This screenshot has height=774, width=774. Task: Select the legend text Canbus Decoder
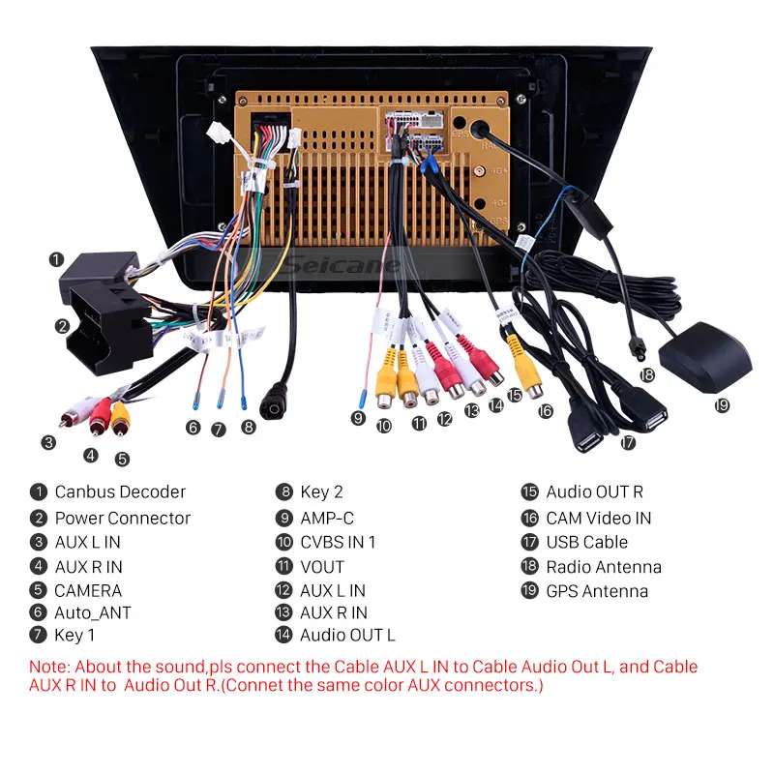click(x=120, y=492)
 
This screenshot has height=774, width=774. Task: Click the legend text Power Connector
click(x=123, y=518)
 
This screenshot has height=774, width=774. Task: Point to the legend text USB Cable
click(x=586, y=542)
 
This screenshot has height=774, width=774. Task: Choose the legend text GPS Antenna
click(x=597, y=591)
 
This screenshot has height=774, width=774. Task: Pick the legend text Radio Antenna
click(x=604, y=567)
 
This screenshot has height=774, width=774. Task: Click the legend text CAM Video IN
click(x=598, y=518)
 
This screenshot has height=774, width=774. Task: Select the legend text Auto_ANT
click(x=93, y=612)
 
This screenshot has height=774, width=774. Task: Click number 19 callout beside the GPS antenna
click(x=722, y=405)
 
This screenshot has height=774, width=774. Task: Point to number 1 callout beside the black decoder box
click(x=57, y=259)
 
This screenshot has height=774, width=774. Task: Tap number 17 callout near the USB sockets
click(x=628, y=443)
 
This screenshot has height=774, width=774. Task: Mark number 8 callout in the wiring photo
click(x=249, y=426)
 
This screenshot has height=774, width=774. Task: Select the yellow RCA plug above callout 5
click(x=119, y=416)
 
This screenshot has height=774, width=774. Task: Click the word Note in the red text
click(x=48, y=667)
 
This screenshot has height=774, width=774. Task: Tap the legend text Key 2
click(x=321, y=492)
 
